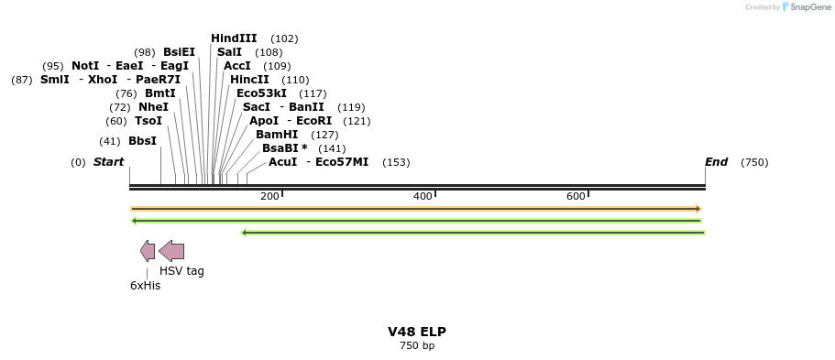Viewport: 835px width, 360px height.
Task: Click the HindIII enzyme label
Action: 234,38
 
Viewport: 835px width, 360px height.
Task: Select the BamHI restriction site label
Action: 277,135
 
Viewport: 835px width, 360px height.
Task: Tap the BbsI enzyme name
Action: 142,141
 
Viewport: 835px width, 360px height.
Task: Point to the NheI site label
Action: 153,107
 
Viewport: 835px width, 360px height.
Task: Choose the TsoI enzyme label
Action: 148,121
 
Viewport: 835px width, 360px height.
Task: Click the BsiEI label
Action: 179,52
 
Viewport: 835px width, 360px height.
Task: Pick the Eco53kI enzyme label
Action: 261,93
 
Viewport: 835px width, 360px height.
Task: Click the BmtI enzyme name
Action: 159,93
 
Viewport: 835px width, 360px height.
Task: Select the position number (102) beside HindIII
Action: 284,38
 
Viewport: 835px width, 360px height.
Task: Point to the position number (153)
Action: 396,162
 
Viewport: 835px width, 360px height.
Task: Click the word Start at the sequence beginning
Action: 108,162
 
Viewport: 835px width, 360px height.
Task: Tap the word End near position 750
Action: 716,162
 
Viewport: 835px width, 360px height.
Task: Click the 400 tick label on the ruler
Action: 423,197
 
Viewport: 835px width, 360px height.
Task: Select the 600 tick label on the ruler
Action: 576,197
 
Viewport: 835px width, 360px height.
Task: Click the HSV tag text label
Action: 181,271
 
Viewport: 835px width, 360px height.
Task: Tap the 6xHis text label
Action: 145,286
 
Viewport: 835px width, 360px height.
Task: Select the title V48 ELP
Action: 417,332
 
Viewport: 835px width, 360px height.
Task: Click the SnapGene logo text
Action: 806,7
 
